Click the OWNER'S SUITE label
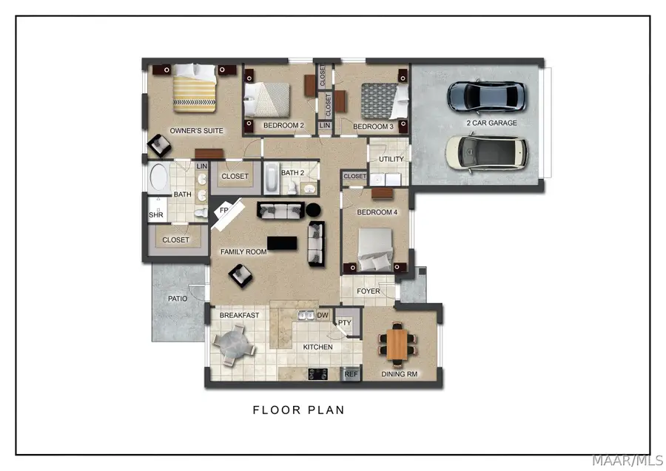click(196, 131)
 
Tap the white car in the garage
click(486, 153)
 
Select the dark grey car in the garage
click(487, 96)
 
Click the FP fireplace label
click(223, 210)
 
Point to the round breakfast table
click(234, 345)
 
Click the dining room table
click(397, 345)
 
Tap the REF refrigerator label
click(351, 374)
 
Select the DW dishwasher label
click(323, 315)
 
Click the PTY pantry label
click(344, 323)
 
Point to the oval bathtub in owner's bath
click(159, 177)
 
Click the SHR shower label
click(156, 214)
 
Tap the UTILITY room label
click(391, 159)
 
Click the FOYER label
click(369, 291)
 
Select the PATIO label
click(178, 299)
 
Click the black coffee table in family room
click(282, 243)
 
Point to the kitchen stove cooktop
click(317, 374)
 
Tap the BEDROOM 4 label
click(377, 212)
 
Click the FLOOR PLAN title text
click(299, 410)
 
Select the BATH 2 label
click(292, 173)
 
